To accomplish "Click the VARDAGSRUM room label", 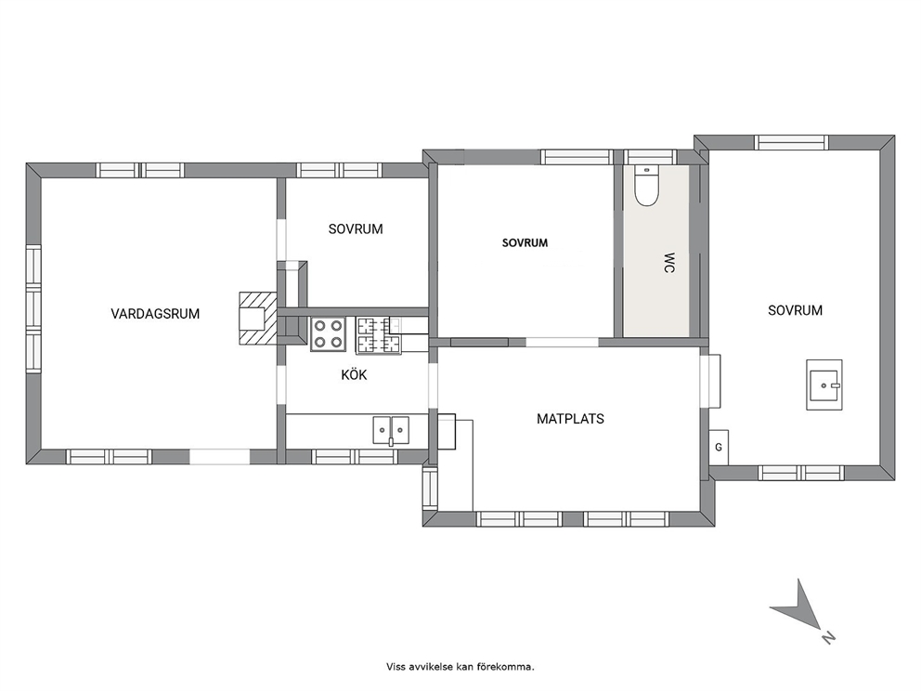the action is point(155,314).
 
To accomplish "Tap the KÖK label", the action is point(354,375).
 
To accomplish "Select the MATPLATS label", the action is point(570,419).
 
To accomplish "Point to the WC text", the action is point(668,263).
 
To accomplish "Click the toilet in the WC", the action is point(647,186).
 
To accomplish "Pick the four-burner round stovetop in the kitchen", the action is point(328,334).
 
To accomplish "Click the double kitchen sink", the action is point(391,430).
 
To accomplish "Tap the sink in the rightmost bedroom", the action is point(824,385).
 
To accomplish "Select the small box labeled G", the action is point(719,448).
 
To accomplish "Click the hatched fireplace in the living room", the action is point(257,318).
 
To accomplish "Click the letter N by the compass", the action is point(828,637).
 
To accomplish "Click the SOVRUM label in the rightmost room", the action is point(795,310).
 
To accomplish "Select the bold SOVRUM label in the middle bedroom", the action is point(525,242).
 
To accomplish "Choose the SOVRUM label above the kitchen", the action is point(356,229).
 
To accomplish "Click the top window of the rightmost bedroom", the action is point(791,142).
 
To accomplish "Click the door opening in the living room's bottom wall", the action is point(220,457).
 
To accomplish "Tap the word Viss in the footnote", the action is point(395,667).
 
